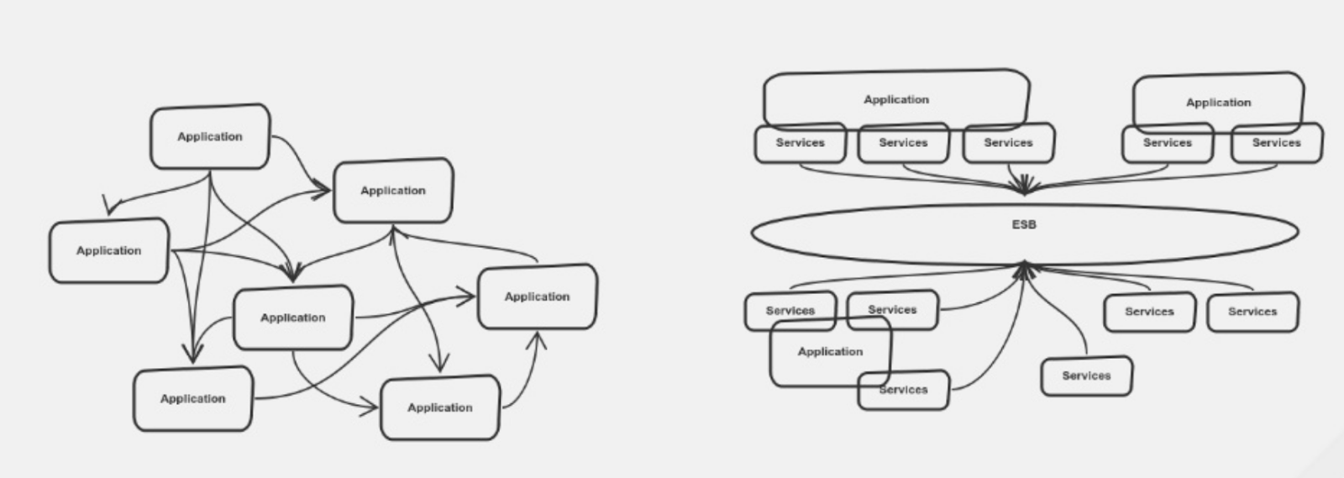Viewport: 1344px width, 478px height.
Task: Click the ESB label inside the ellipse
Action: click(x=1023, y=225)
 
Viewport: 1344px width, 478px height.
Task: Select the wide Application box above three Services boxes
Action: click(x=896, y=99)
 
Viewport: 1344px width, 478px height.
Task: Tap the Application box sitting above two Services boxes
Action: click(x=1218, y=102)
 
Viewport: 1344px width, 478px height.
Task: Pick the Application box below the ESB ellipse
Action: click(x=830, y=352)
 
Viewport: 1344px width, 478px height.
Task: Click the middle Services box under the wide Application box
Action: click(x=903, y=144)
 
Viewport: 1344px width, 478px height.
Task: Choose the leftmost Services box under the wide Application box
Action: click(x=800, y=144)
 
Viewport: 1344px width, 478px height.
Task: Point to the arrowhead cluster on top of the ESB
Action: click(x=1024, y=185)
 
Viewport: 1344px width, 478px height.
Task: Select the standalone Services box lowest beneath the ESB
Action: click(x=1086, y=376)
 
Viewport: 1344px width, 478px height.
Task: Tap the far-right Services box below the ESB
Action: click(x=1252, y=312)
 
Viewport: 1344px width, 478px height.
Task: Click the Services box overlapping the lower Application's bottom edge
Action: click(x=904, y=391)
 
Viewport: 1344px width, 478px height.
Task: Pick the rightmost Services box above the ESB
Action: click(x=1276, y=144)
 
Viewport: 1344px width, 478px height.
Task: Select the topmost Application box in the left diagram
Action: click(x=210, y=137)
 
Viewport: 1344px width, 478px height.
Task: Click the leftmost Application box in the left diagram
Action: click(x=109, y=250)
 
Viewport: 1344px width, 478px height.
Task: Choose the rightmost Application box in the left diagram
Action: click(x=537, y=297)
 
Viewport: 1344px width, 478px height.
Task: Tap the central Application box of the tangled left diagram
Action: click(x=292, y=318)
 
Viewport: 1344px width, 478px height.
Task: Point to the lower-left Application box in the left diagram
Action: click(x=192, y=399)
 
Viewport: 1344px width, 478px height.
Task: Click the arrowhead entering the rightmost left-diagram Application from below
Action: click(x=538, y=339)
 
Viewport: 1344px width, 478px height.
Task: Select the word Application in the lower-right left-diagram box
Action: click(x=440, y=407)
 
